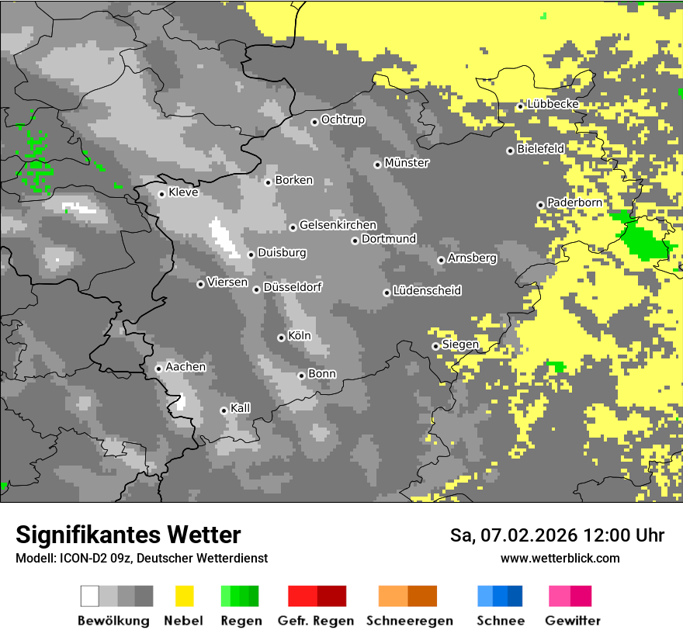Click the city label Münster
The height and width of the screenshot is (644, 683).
point(407,163)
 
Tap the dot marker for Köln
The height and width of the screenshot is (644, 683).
point(281,338)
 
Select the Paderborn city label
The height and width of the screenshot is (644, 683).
point(574,203)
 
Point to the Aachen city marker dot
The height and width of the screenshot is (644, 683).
point(158,369)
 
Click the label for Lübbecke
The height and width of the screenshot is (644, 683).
point(553,105)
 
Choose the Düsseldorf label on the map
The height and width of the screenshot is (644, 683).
point(293,287)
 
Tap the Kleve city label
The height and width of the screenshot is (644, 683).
point(183,192)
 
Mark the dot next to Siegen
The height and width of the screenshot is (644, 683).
point(435,346)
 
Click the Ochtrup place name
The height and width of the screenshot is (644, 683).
point(343,119)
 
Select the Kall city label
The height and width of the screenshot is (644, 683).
point(241,408)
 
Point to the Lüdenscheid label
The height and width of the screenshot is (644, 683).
point(427,291)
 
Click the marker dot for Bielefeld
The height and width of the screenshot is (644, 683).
point(510,151)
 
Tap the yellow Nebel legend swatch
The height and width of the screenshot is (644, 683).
point(184,596)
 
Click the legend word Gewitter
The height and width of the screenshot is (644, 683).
point(573,621)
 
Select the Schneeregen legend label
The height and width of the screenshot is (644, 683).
point(409,621)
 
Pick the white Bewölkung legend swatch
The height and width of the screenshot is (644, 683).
point(90,596)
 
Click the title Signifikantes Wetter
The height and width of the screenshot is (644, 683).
point(128,535)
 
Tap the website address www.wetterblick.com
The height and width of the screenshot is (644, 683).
point(560,558)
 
